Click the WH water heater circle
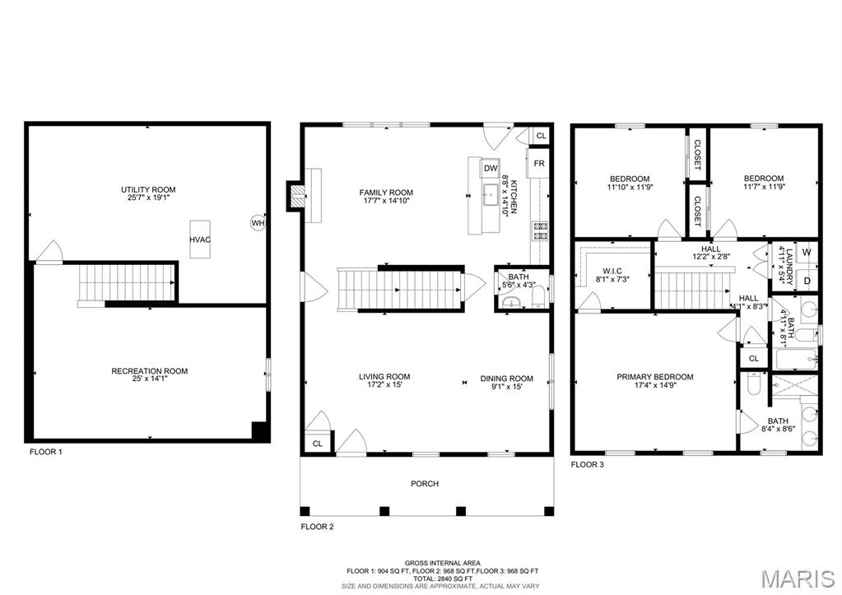pyautogui.click(x=258, y=222)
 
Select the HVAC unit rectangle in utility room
pyautogui.click(x=198, y=239)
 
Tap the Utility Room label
pyautogui.click(x=148, y=190)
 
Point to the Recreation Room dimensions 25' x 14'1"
pyautogui.click(x=149, y=379)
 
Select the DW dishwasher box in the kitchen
pyautogui.click(x=490, y=168)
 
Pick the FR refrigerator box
pyautogui.click(x=538, y=163)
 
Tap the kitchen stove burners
pyautogui.click(x=541, y=230)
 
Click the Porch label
pyautogui.click(x=426, y=484)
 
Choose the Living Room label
pyautogui.click(x=384, y=377)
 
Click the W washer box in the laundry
pyautogui.click(x=807, y=252)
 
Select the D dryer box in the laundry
pyautogui.click(x=807, y=281)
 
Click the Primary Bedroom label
pyautogui.click(x=654, y=377)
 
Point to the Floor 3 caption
pyautogui.click(x=587, y=464)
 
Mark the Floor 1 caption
pyautogui.click(x=45, y=452)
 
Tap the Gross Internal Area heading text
pyautogui.click(x=426, y=563)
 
